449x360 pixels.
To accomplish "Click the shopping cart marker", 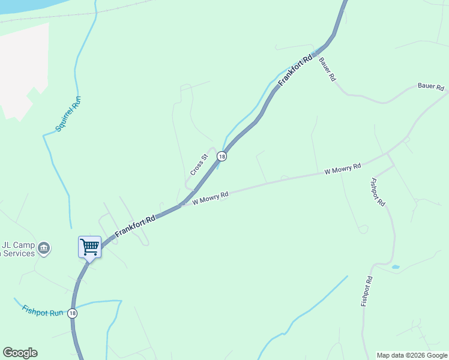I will [89, 247].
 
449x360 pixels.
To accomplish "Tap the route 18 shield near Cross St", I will [222, 157].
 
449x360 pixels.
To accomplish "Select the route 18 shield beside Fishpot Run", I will [73, 313].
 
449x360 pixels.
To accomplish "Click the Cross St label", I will [199, 165].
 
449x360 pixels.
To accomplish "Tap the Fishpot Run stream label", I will [42, 311].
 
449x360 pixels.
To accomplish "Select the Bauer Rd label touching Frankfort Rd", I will [327, 70].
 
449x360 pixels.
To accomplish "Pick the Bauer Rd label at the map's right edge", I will [430, 87].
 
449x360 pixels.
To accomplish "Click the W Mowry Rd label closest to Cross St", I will [210, 198].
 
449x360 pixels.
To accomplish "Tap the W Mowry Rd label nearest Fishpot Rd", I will [342, 169].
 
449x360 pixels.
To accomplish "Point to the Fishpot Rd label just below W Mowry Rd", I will [378, 192].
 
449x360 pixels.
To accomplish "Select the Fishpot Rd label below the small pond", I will [367, 292].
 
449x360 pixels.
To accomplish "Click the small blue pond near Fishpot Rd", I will [395, 266].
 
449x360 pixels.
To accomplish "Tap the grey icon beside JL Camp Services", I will [43, 248].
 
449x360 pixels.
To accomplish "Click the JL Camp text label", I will [18, 245].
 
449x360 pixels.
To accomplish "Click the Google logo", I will [20, 353].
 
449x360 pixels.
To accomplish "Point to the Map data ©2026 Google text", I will [412, 355].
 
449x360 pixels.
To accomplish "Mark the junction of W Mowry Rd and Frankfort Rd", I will [181, 205].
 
